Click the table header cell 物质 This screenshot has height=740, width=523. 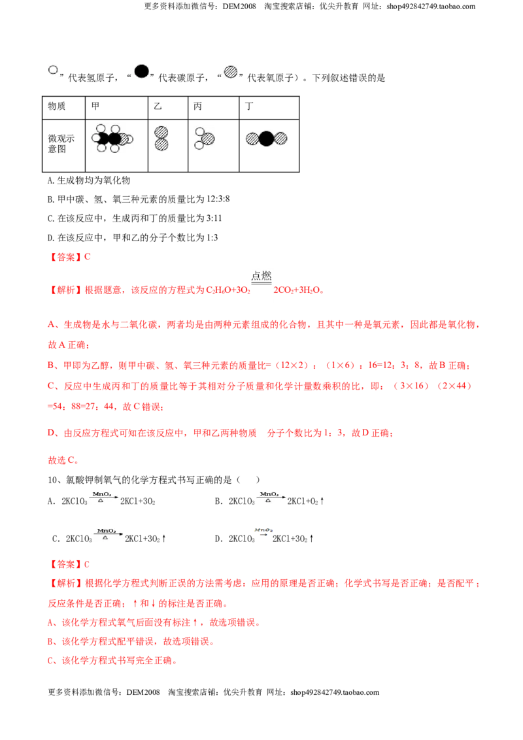click(x=63, y=108)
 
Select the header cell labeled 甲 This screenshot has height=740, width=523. click(x=116, y=108)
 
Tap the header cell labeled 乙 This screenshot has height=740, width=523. click(x=168, y=108)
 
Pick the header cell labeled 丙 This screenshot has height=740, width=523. click(x=213, y=108)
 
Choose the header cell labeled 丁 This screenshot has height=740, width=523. click(x=269, y=108)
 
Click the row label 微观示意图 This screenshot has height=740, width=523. click(x=61, y=143)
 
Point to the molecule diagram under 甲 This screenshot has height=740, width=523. click(x=112, y=139)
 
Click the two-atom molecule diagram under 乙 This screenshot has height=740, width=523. click(x=161, y=139)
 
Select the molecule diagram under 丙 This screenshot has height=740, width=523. click(x=205, y=139)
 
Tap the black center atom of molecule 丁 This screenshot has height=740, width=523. click(x=266, y=139)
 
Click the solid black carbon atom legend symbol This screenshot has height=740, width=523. click(x=142, y=71)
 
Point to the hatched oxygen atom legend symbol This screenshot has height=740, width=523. click(x=230, y=72)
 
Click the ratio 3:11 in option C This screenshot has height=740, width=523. click(x=212, y=218)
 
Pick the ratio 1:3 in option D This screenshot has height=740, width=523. click(x=212, y=238)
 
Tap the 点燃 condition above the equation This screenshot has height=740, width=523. click(x=261, y=276)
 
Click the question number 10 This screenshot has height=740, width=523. click(x=52, y=480)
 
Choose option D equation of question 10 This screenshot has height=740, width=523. click(x=264, y=536)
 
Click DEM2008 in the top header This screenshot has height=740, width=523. click(x=239, y=7)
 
